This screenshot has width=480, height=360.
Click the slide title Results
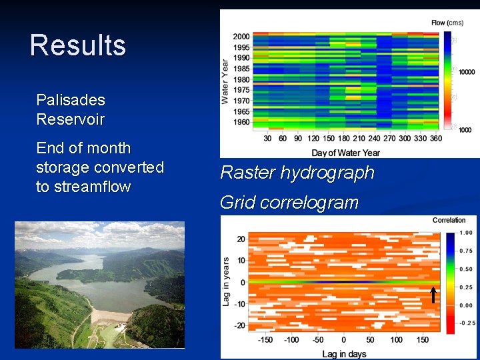[78, 45]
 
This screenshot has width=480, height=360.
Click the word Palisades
[71, 100]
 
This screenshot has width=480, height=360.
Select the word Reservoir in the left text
[71, 119]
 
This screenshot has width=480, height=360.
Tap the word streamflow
[83, 187]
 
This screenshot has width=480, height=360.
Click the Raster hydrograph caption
[297, 173]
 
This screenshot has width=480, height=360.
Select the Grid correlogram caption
[289, 202]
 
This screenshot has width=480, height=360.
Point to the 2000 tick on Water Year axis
[241, 36]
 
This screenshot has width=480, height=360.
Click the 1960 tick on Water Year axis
[241, 122]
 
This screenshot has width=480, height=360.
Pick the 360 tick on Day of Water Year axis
[436, 139]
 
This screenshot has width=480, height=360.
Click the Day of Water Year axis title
[345, 153]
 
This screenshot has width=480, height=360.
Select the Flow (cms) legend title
[447, 23]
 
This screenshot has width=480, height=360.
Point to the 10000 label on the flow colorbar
[467, 72]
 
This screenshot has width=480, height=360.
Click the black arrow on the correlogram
[433, 295]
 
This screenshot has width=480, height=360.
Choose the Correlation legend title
[449, 220]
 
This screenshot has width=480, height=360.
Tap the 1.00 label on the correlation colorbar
[466, 233]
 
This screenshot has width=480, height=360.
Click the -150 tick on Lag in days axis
[265, 339]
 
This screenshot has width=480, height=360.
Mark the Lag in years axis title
[226, 282]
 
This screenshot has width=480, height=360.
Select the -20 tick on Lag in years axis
[239, 326]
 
